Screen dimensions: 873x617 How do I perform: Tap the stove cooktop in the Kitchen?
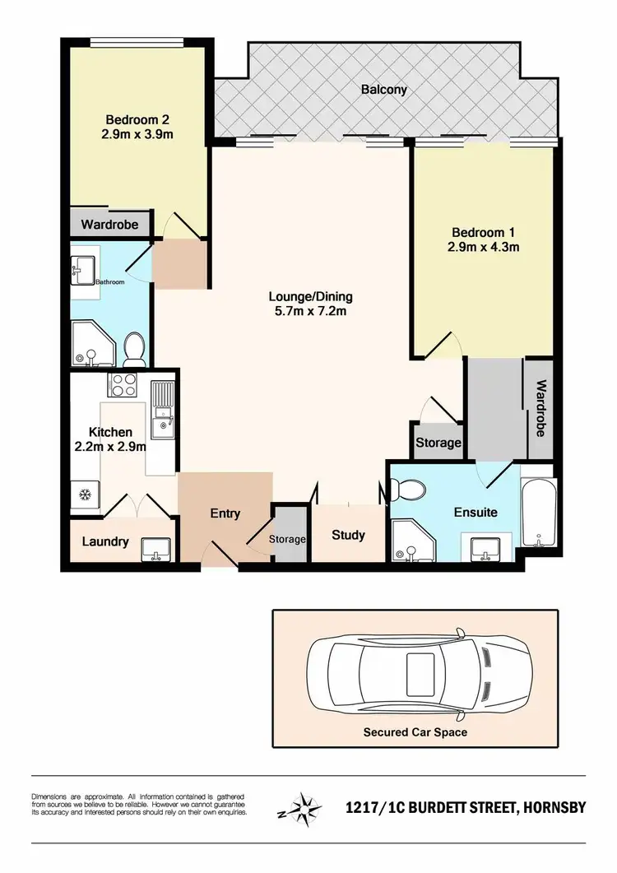click(x=123, y=385)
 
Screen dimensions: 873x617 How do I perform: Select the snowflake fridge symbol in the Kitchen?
click(x=82, y=495)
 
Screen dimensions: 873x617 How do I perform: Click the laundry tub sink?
click(x=155, y=547)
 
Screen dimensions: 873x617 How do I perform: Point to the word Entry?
click(x=225, y=513)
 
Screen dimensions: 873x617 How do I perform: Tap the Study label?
click(x=348, y=535)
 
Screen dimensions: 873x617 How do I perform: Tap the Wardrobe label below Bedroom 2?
click(x=109, y=224)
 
